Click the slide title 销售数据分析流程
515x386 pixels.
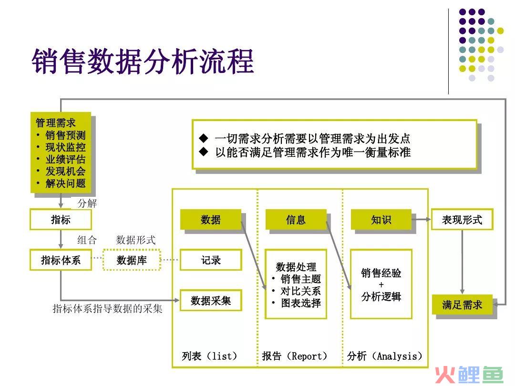(x=143, y=61)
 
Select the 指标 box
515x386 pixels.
(x=61, y=219)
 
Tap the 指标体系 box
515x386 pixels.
(x=61, y=260)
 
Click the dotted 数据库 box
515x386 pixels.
(x=132, y=260)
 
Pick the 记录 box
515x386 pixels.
(x=211, y=260)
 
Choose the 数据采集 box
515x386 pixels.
(x=211, y=300)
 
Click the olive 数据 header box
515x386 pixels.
(x=211, y=219)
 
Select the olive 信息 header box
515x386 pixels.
(x=296, y=219)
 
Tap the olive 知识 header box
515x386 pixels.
(x=381, y=219)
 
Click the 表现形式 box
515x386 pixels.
(x=462, y=219)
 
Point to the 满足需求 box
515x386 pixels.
(x=462, y=305)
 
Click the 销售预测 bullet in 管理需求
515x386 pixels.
(x=65, y=135)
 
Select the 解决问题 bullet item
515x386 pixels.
(x=65, y=183)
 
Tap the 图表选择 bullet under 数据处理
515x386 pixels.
(x=301, y=303)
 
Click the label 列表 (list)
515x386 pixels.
(x=209, y=356)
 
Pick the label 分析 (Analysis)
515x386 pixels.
(x=384, y=356)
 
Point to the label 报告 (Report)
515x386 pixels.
(x=295, y=356)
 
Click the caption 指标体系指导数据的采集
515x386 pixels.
(x=107, y=308)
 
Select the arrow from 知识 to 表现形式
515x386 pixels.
(x=421, y=219)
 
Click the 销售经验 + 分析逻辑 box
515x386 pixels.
(x=381, y=284)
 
